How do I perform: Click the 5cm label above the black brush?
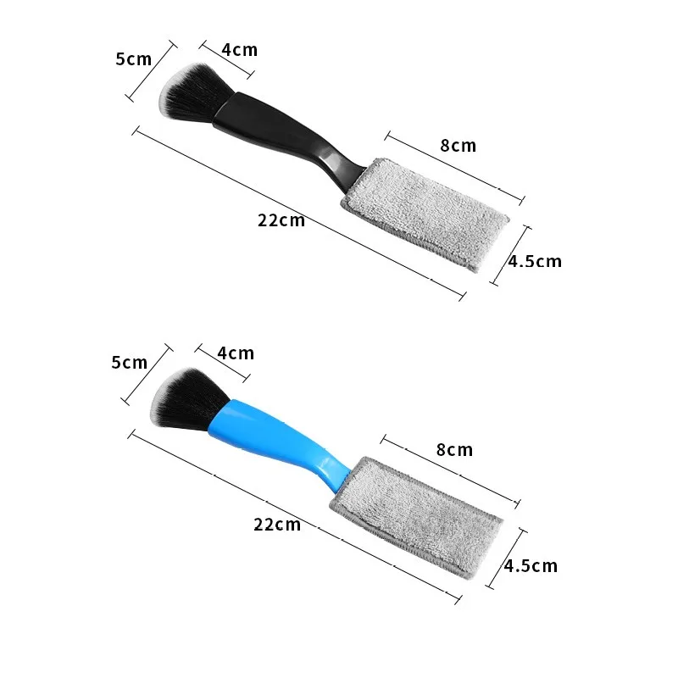(x=134, y=59)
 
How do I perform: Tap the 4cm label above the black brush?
(x=240, y=50)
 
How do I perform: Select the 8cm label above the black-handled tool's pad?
(x=458, y=146)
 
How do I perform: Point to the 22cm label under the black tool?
(x=281, y=220)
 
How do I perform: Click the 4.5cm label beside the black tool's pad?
(x=535, y=261)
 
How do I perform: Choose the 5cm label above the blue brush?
(x=130, y=363)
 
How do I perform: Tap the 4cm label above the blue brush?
(x=236, y=353)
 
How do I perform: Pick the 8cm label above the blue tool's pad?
(x=454, y=450)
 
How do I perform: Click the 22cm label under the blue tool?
(x=277, y=524)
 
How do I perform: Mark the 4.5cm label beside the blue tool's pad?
(x=531, y=565)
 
